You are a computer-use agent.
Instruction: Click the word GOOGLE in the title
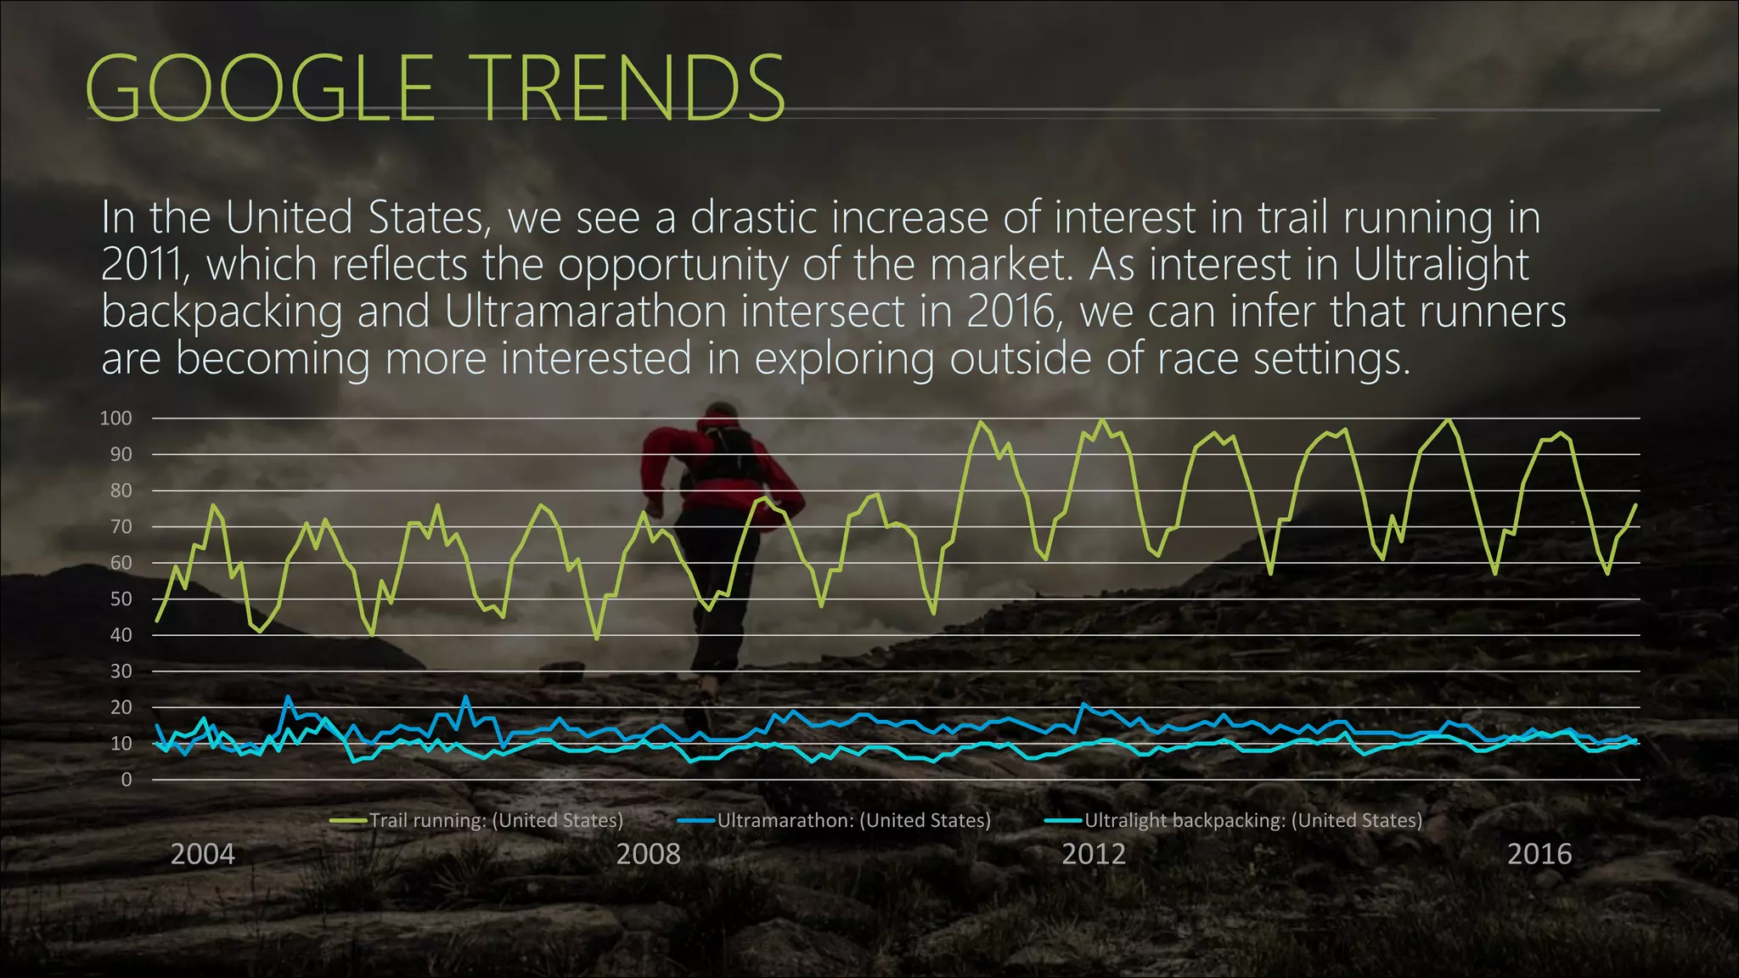260,87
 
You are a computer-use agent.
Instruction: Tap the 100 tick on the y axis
115,419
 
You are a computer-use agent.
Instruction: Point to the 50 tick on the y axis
121,599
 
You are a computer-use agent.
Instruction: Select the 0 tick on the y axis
127,779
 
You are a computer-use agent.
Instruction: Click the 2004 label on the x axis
202,854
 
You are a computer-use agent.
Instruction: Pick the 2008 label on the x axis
648,854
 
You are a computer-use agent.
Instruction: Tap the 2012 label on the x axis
1094,854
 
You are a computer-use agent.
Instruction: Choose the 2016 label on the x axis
1539,854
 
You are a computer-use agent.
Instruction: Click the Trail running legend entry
495,821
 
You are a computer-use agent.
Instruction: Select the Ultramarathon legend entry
853,821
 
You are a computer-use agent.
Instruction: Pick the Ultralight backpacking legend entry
1252,821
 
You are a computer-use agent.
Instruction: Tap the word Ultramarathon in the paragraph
586,312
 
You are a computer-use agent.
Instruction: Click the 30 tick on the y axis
121,672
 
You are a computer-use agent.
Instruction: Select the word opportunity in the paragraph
673,265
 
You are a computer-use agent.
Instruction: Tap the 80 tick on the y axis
121,491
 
